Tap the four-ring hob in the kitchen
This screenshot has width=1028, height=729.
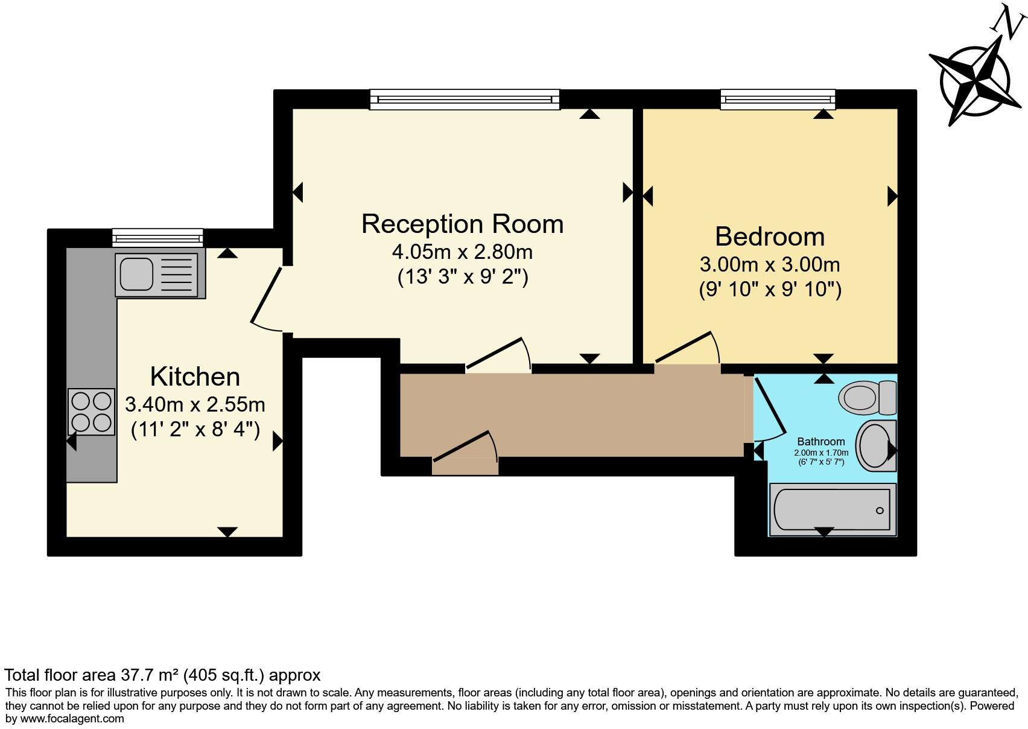coord(92,411)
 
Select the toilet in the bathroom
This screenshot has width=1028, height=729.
coord(867,397)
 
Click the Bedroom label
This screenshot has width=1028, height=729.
coord(770,237)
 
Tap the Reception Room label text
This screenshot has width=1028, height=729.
coord(462,224)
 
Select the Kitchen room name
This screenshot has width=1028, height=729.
coord(195,377)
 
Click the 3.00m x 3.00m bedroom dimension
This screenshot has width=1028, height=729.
coord(770,264)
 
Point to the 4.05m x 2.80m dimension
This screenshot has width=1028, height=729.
coord(462,251)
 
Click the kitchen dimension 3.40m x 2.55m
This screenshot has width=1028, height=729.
coord(195,404)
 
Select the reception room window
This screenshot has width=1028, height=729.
coord(465,99)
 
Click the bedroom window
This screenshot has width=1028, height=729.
coord(778,99)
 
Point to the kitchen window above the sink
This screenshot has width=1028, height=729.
coord(157,238)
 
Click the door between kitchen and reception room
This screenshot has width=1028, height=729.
coord(266,296)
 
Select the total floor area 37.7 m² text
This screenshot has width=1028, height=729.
coord(162,675)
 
